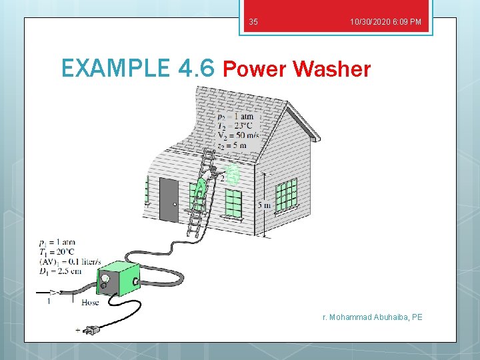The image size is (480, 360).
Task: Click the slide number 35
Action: (x=253, y=23)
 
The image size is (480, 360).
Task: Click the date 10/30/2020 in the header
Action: (x=370, y=23)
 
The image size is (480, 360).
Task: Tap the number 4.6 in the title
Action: (x=197, y=68)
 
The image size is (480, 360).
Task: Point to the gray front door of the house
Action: (x=169, y=200)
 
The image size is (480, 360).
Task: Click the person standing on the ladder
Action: (x=201, y=190)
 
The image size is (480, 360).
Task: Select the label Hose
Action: (x=90, y=302)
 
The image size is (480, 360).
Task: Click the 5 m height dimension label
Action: (x=264, y=205)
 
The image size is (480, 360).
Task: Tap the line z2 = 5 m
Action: (x=232, y=145)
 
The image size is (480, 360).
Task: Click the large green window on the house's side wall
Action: (x=287, y=194)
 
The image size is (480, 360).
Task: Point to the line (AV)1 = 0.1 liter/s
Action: (x=70, y=261)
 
